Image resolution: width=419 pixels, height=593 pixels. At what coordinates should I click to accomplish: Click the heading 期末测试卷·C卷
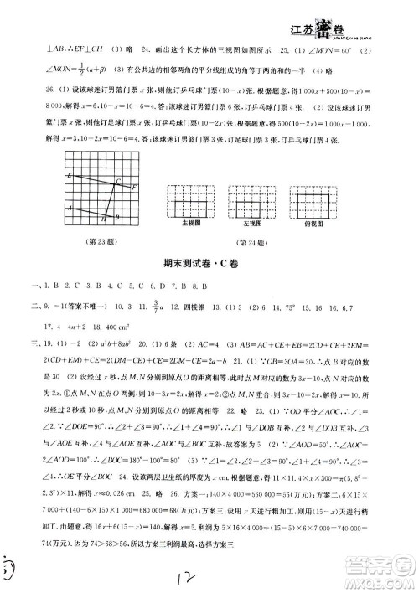tap(210, 266)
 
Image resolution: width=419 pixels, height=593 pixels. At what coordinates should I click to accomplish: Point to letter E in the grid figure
tap(68, 174)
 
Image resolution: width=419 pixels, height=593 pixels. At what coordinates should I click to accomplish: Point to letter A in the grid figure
tap(70, 209)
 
